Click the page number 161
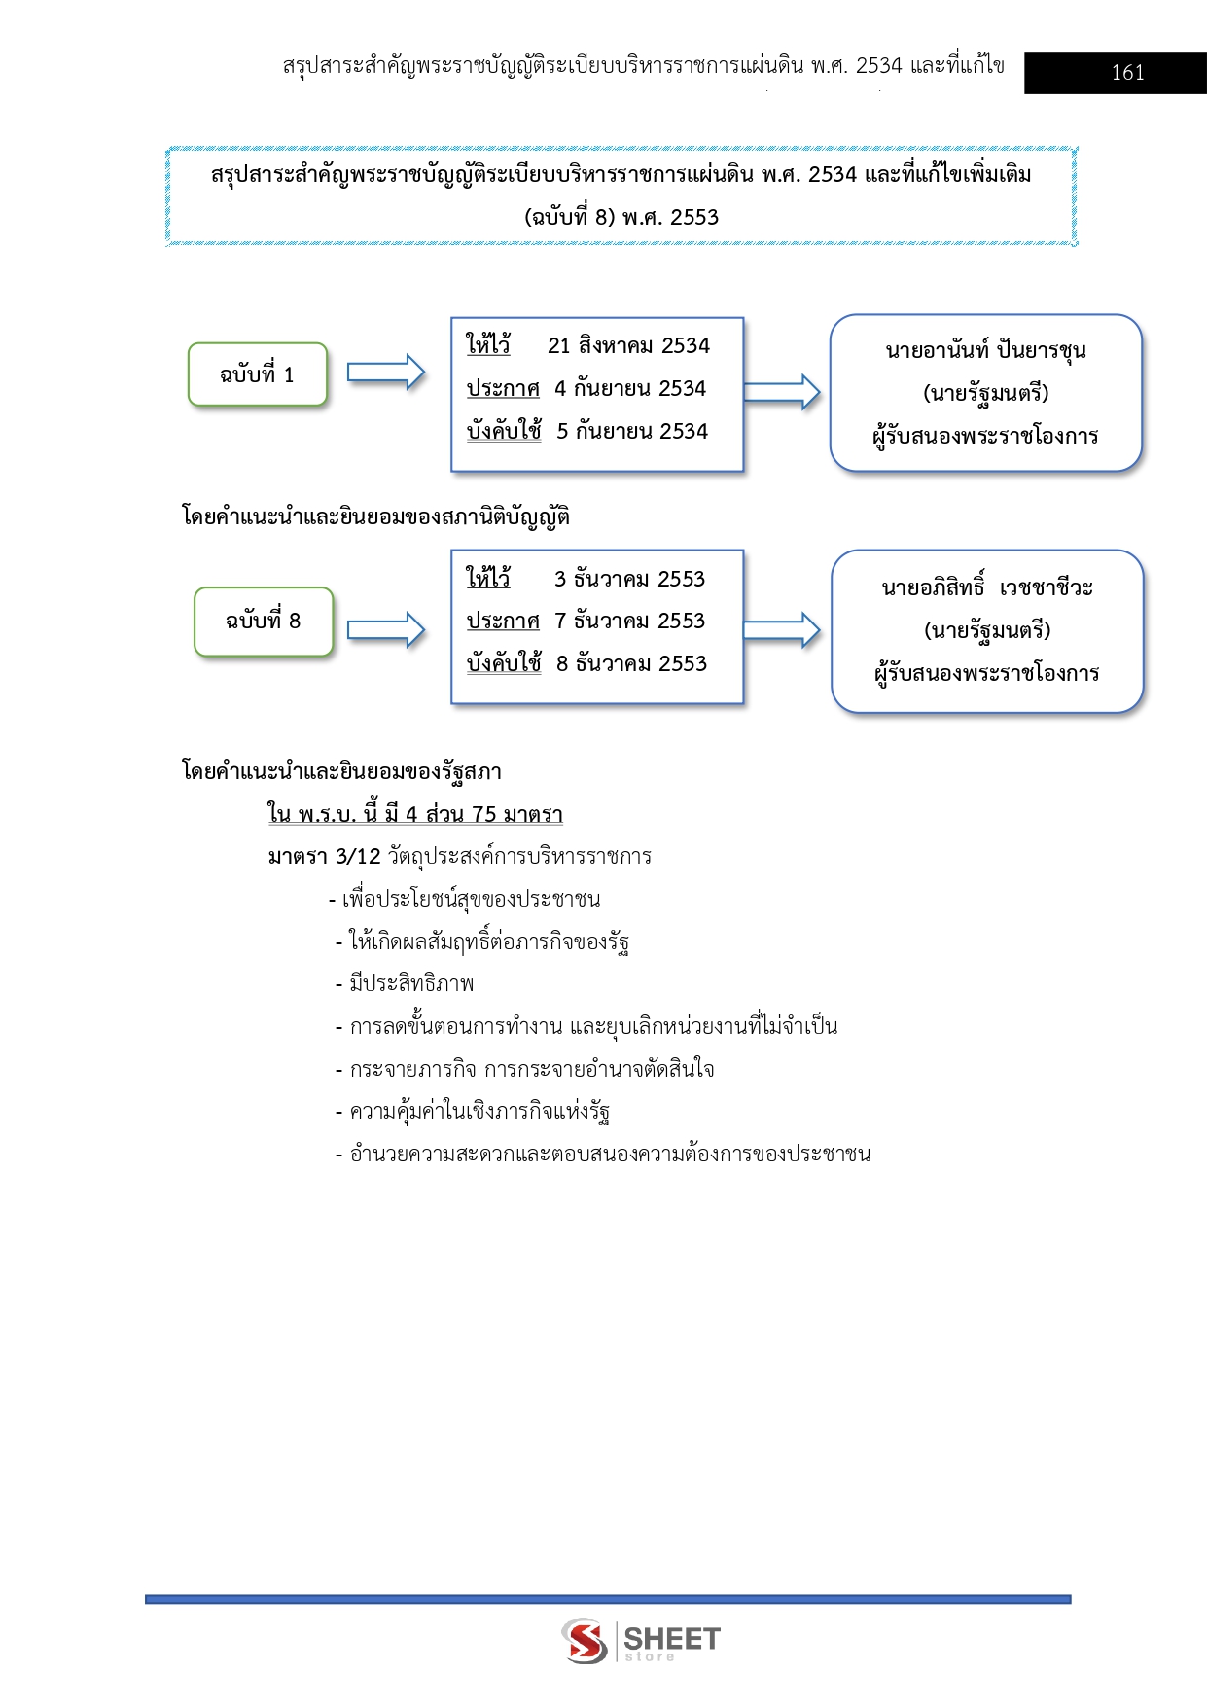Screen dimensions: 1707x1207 tap(1127, 73)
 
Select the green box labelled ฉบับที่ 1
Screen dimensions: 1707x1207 tap(258, 374)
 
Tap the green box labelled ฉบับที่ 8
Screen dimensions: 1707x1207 tap(264, 622)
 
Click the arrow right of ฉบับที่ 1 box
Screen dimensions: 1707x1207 tap(386, 373)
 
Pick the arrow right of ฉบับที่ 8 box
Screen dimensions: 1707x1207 tap(386, 630)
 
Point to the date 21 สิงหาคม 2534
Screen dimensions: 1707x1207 tap(628, 346)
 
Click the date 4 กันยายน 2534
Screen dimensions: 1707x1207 tap(630, 389)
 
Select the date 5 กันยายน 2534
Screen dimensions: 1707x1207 tap(632, 432)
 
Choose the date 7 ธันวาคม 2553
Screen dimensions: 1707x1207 tap(629, 622)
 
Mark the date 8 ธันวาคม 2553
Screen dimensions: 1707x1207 tap(631, 664)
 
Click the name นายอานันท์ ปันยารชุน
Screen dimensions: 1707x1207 tap(985, 351)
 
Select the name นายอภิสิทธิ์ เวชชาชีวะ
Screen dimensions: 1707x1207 tap(987, 588)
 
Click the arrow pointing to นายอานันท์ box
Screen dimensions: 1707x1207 tap(782, 392)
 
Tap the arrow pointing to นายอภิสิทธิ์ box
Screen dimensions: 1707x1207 tap(782, 630)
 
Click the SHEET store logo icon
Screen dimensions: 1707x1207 tap(585, 1641)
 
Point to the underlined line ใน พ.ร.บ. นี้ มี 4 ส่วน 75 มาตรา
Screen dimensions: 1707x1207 tap(415, 814)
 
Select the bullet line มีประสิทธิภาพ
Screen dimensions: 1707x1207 tap(411, 984)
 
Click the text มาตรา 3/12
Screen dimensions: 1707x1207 tap(324, 857)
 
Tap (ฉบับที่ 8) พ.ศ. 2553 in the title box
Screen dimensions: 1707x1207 tap(621, 218)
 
